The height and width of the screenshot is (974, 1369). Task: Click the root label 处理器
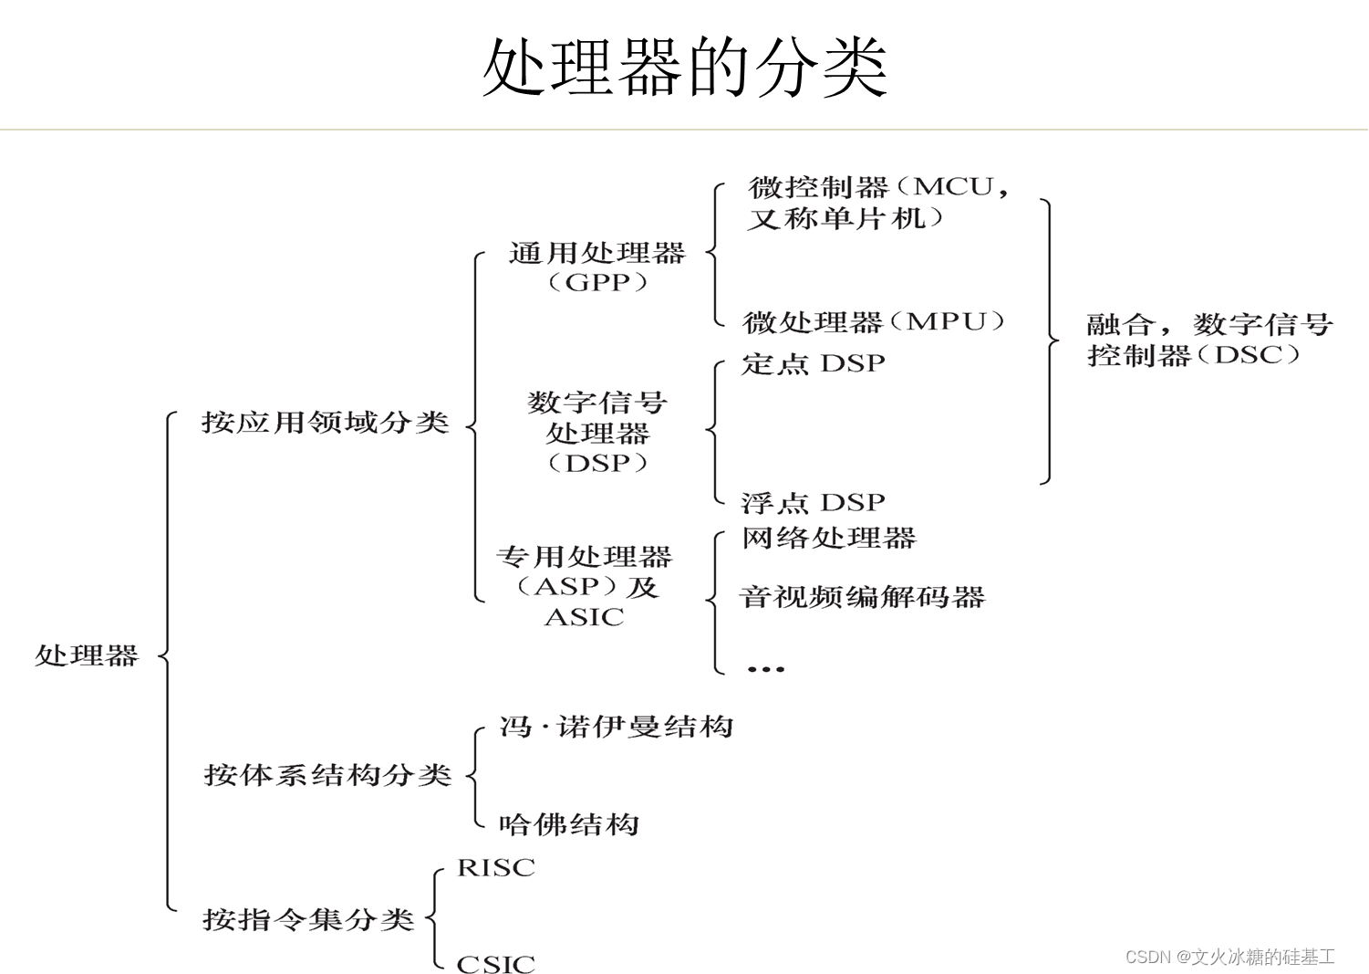click(87, 655)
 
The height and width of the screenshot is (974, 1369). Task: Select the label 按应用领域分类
click(326, 423)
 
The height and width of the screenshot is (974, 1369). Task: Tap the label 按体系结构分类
click(327, 775)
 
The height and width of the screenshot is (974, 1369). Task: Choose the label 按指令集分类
click(308, 919)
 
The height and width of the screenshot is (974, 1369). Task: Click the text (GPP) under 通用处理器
click(597, 282)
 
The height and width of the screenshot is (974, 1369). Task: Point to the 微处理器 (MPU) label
click(874, 322)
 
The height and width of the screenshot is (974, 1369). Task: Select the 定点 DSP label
click(813, 363)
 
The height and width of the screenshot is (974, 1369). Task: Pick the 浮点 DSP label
click(813, 503)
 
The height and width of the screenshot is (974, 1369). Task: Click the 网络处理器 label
click(828, 539)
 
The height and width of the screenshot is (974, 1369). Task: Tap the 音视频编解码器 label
click(862, 598)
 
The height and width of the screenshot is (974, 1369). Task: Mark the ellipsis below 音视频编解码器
click(765, 669)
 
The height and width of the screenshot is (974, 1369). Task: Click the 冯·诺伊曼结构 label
click(617, 728)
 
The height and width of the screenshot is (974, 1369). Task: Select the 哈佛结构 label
click(569, 825)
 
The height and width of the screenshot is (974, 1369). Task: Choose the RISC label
click(495, 867)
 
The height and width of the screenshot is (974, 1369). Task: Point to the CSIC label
click(495, 963)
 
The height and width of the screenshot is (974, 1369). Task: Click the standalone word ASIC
click(584, 618)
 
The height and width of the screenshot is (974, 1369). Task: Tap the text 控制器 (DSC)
click(1194, 355)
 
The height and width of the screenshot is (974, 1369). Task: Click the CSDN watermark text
click(1239, 957)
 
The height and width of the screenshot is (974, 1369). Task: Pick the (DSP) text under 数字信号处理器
click(597, 463)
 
